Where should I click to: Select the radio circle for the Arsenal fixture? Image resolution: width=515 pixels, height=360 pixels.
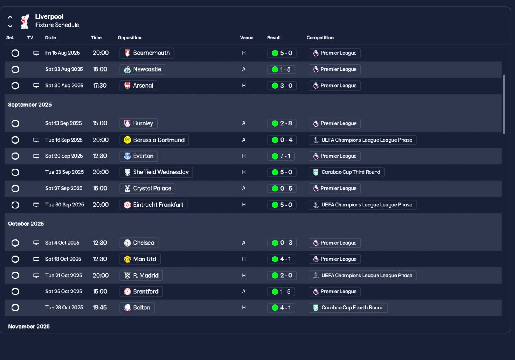click(x=15, y=86)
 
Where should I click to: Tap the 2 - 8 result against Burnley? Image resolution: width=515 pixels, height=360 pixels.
click(x=282, y=123)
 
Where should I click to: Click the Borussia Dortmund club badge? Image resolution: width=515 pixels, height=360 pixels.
click(x=128, y=140)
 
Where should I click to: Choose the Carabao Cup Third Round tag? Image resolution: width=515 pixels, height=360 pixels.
click(x=347, y=172)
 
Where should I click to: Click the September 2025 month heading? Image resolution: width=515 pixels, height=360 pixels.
click(x=30, y=105)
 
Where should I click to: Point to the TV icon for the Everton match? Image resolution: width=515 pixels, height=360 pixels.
click(x=36, y=156)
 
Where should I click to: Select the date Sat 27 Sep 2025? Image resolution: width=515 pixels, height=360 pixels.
click(x=64, y=188)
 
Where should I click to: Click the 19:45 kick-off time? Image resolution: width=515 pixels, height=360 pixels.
click(x=100, y=308)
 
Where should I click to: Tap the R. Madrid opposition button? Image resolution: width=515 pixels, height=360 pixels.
click(x=141, y=276)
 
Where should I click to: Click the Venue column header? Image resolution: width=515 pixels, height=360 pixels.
click(x=247, y=38)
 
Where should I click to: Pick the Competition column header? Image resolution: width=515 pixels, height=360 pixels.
click(x=320, y=38)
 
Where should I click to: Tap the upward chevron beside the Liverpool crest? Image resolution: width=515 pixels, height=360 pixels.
click(x=10, y=17)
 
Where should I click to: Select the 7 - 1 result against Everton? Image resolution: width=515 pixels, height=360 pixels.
click(x=282, y=156)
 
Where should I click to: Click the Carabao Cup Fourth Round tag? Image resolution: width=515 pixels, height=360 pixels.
click(x=348, y=308)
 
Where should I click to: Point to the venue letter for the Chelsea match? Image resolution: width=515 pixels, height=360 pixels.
click(x=244, y=243)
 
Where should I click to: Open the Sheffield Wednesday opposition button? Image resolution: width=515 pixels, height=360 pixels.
click(x=157, y=172)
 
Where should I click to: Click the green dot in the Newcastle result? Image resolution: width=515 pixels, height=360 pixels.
click(x=275, y=70)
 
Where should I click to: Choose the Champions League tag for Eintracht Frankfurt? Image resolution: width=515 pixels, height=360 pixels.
click(x=363, y=205)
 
